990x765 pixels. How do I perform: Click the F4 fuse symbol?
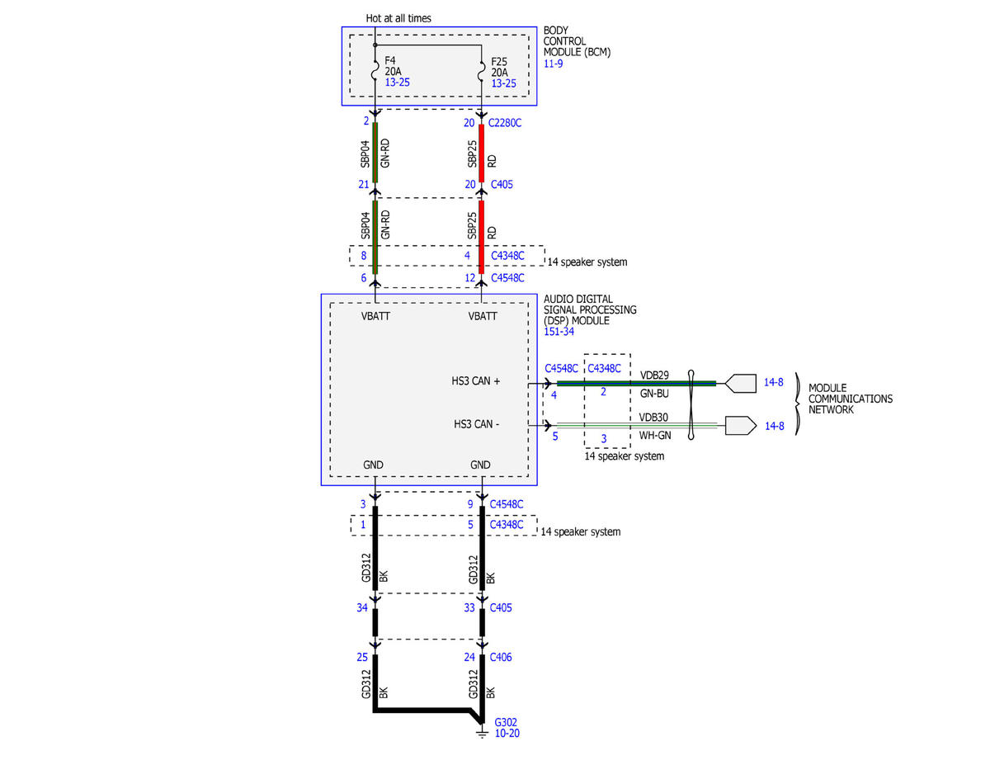[x=375, y=70]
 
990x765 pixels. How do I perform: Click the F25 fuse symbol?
[x=482, y=72]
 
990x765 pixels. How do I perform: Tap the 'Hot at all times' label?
[x=398, y=18]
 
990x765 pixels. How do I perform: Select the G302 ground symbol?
[x=482, y=734]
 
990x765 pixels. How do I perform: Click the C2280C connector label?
[x=504, y=123]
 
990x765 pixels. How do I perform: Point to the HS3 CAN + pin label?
[x=476, y=381]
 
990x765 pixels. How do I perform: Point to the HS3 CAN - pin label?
[x=476, y=424]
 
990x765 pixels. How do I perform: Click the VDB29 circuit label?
[x=654, y=375]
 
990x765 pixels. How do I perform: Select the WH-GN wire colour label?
[x=655, y=435]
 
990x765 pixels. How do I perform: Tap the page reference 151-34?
[x=559, y=332]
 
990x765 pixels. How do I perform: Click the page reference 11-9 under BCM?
[x=553, y=64]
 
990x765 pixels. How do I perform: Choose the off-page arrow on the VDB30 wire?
[x=740, y=426]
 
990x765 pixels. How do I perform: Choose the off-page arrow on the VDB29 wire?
[x=740, y=383]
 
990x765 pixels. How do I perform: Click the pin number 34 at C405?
[x=361, y=607]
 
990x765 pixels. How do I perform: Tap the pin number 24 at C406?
[x=469, y=657]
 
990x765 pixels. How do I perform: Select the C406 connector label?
[x=500, y=657]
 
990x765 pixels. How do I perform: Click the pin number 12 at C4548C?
[x=469, y=278]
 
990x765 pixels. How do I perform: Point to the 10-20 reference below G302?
[x=507, y=733]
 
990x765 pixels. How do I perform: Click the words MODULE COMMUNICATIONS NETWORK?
[x=850, y=399]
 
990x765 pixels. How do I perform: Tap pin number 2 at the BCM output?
[x=365, y=121]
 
